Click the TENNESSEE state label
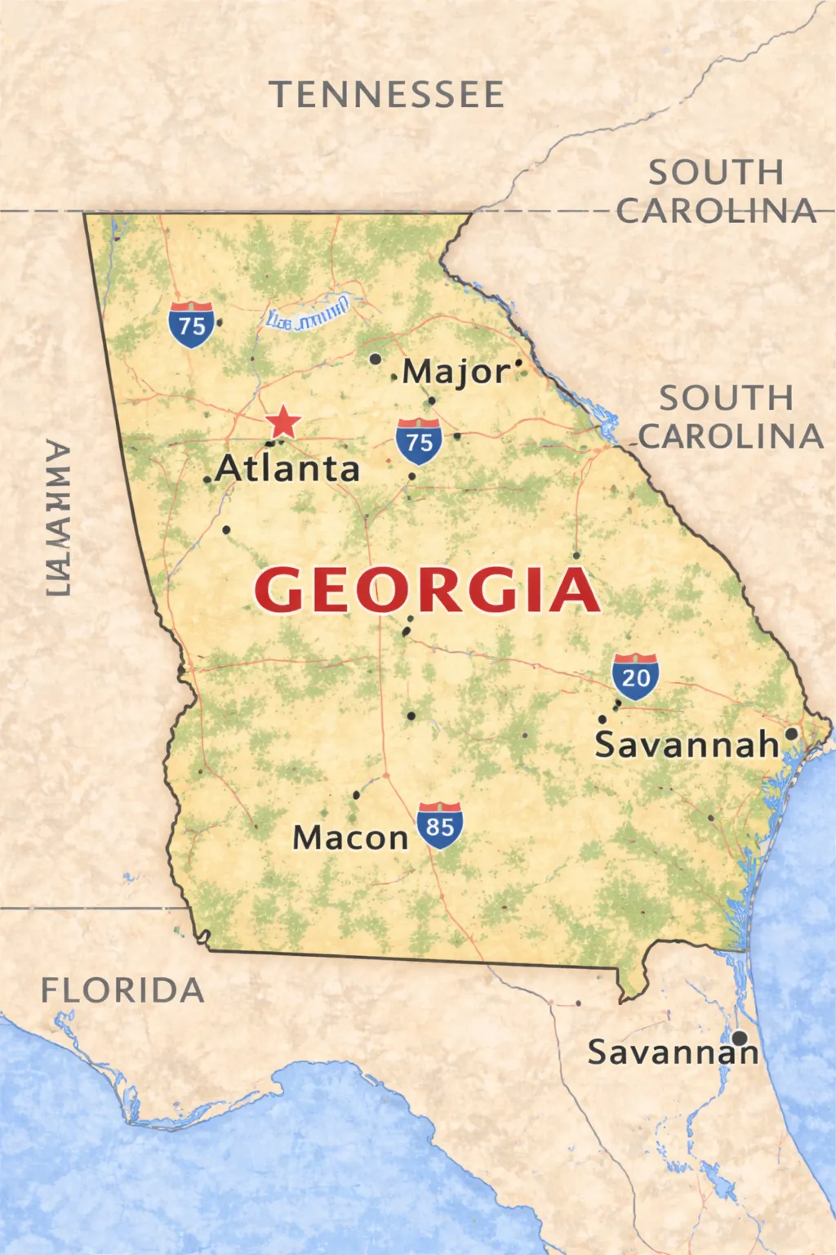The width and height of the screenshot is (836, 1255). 387,95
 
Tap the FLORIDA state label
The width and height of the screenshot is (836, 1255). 122,990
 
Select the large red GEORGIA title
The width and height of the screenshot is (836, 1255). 426,590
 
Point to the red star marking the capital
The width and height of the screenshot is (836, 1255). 283,422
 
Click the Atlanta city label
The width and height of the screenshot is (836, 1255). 287,469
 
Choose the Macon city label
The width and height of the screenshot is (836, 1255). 350,837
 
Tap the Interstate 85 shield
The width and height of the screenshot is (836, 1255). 440,825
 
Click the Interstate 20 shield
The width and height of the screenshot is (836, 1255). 635,677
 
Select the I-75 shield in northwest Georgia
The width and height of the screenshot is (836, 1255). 192,324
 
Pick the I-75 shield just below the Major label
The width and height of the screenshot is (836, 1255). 419,441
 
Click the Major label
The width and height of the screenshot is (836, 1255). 456,372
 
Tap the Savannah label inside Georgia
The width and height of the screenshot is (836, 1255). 687,744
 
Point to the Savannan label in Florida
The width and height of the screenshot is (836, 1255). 673,1052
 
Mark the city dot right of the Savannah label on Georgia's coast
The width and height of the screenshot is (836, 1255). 791,734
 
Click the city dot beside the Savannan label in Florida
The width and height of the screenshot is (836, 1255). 739,1038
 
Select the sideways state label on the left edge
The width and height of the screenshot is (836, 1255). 57,520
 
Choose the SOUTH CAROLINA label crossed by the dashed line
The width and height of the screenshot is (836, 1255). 716,192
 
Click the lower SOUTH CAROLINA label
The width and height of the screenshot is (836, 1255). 729,418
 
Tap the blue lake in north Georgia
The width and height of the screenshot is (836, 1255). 309,315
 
